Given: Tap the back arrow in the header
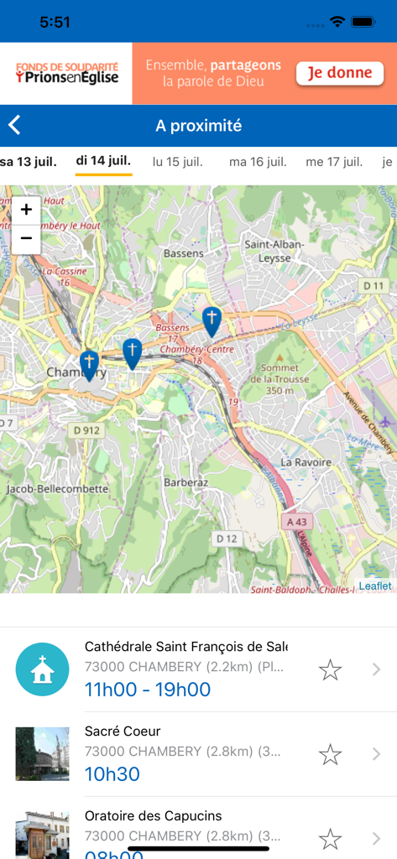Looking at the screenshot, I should click(x=14, y=126).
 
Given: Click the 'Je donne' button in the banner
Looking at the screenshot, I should click(x=339, y=73).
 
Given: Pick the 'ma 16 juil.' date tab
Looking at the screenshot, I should click(x=258, y=161).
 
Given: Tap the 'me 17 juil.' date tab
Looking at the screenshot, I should click(x=334, y=161).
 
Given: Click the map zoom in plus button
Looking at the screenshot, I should click(x=26, y=210).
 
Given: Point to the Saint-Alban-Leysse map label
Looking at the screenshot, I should click(x=274, y=250).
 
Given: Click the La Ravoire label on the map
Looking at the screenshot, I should click(x=306, y=462).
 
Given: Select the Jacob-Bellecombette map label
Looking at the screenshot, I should click(x=57, y=488).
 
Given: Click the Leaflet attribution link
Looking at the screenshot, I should click(x=375, y=586).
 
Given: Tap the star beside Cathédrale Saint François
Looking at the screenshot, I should click(x=330, y=669).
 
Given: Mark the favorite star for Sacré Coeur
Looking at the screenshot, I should click(x=330, y=754).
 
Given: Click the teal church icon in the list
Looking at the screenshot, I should click(x=43, y=669).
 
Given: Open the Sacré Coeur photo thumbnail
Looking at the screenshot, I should click(x=43, y=754).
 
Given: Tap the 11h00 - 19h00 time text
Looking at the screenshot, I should click(x=148, y=690).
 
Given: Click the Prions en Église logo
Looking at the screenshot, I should click(x=66, y=73).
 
